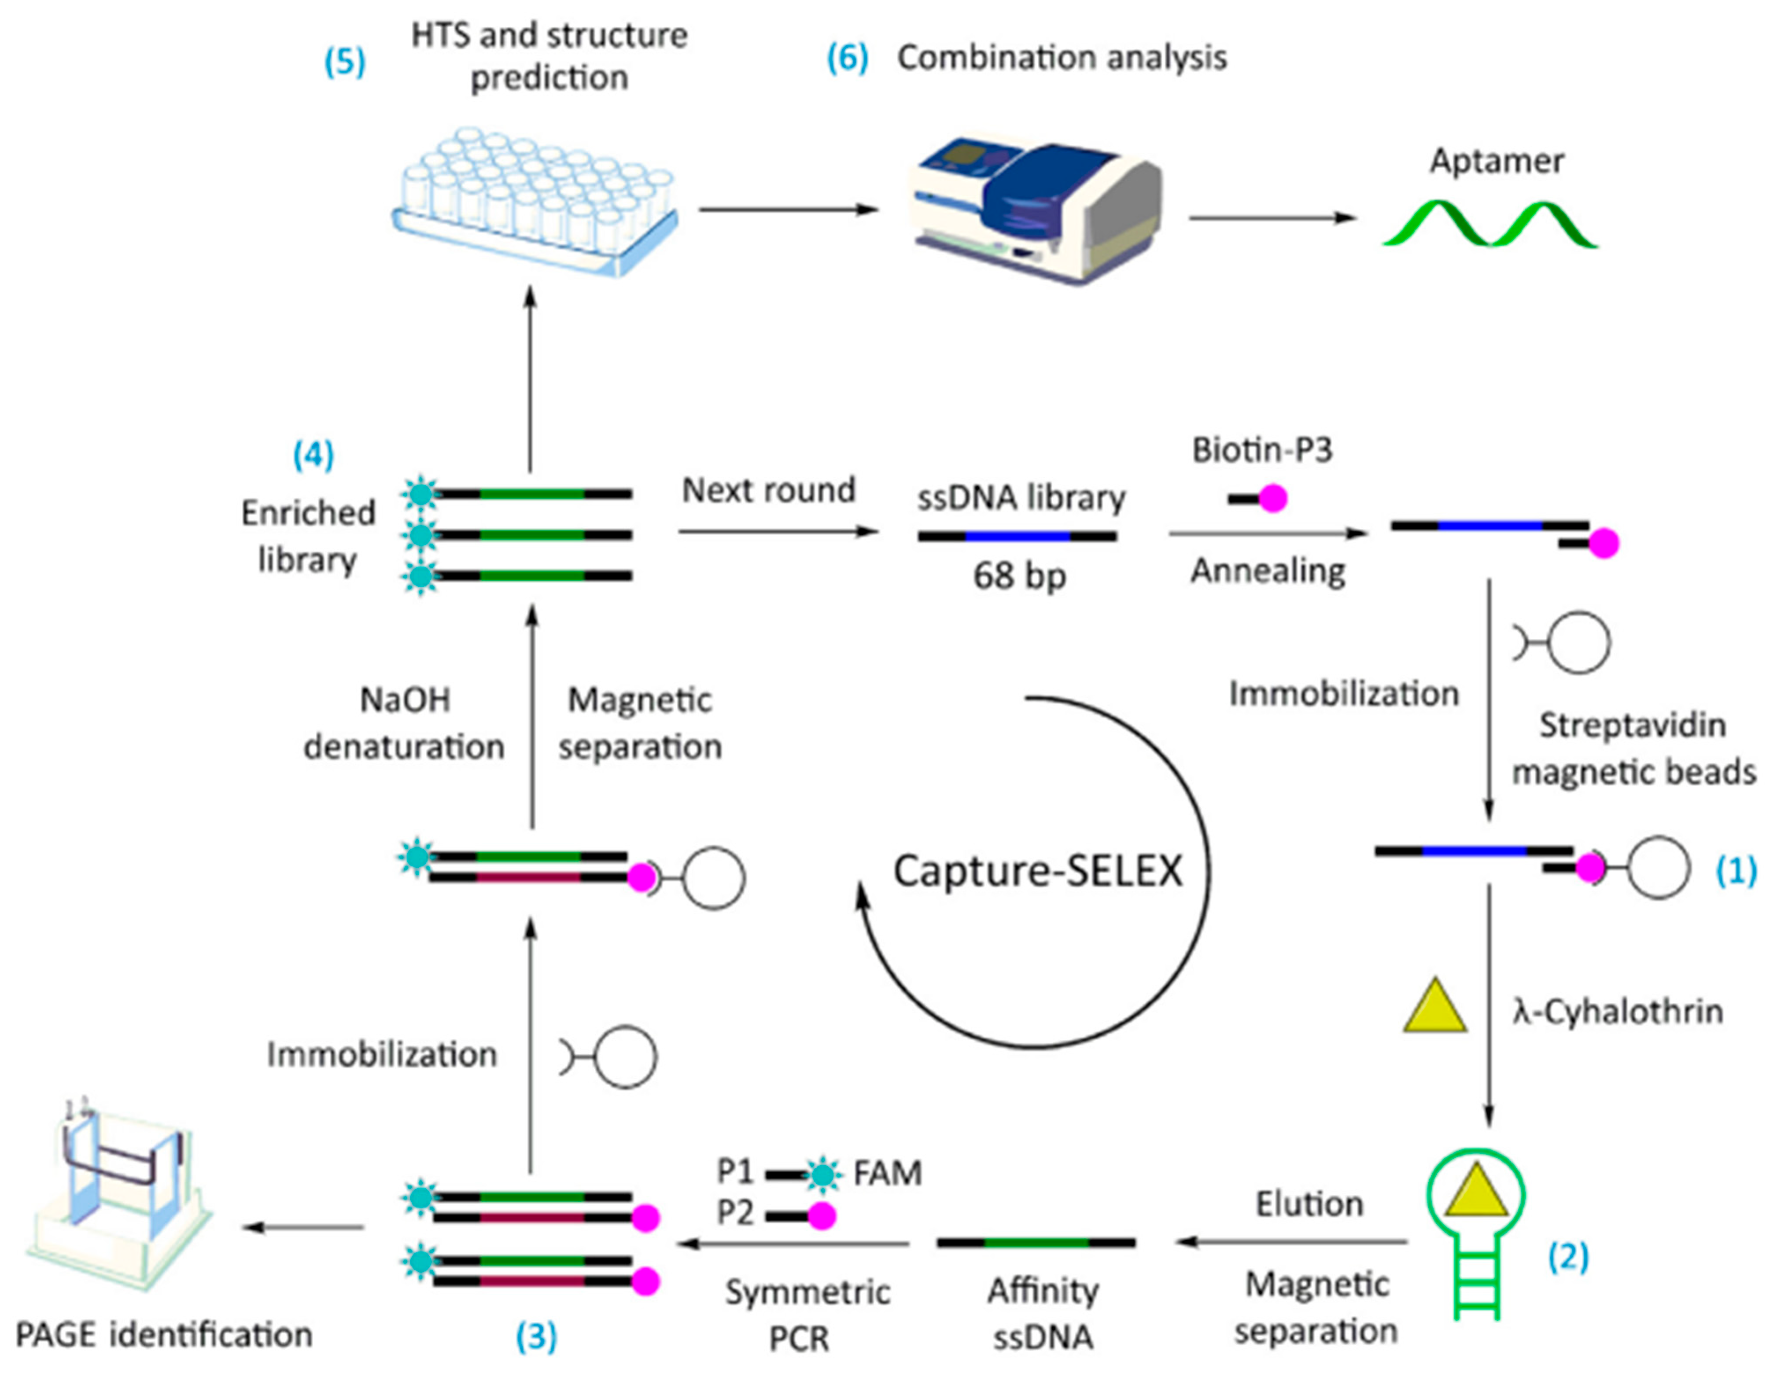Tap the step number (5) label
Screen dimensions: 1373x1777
coord(345,62)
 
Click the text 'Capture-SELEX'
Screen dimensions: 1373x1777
coord(1037,871)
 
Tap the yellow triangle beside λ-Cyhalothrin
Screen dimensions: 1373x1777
coord(1434,1009)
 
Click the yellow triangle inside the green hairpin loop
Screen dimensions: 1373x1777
coord(1475,1193)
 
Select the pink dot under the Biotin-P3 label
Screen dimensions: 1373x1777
coord(1272,498)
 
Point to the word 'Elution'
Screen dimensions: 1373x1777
coord(1309,1204)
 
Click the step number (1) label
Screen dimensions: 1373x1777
coord(1736,871)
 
